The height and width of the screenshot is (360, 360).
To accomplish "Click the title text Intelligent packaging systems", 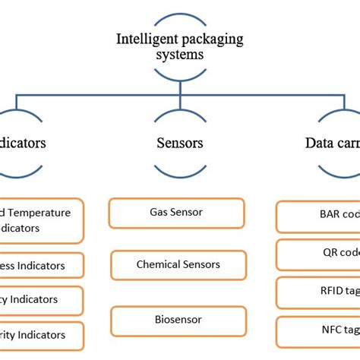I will pyautogui.click(x=180, y=46).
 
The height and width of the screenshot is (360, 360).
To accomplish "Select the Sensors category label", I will pyautogui.click(x=180, y=142).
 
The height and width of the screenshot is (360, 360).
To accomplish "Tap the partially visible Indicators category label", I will pyautogui.click(x=23, y=142).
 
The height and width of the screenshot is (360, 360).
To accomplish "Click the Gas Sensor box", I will pyautogui.click(x=176, y=213).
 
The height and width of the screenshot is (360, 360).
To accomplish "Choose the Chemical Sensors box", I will pyautogui.click(x=178, y=264).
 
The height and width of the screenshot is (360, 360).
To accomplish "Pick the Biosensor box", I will pyautogui.click(x=178, y=321).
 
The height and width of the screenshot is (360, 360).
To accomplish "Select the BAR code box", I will pyautogui.click(x=317, y=216).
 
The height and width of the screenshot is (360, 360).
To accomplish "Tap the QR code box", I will pyautogui.click(x=317, y=254).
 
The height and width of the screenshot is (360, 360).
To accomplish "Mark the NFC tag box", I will pyautogui.click(x=317, y=330).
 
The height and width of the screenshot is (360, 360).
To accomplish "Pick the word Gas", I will pyautogui.click(x=157, y=213).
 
